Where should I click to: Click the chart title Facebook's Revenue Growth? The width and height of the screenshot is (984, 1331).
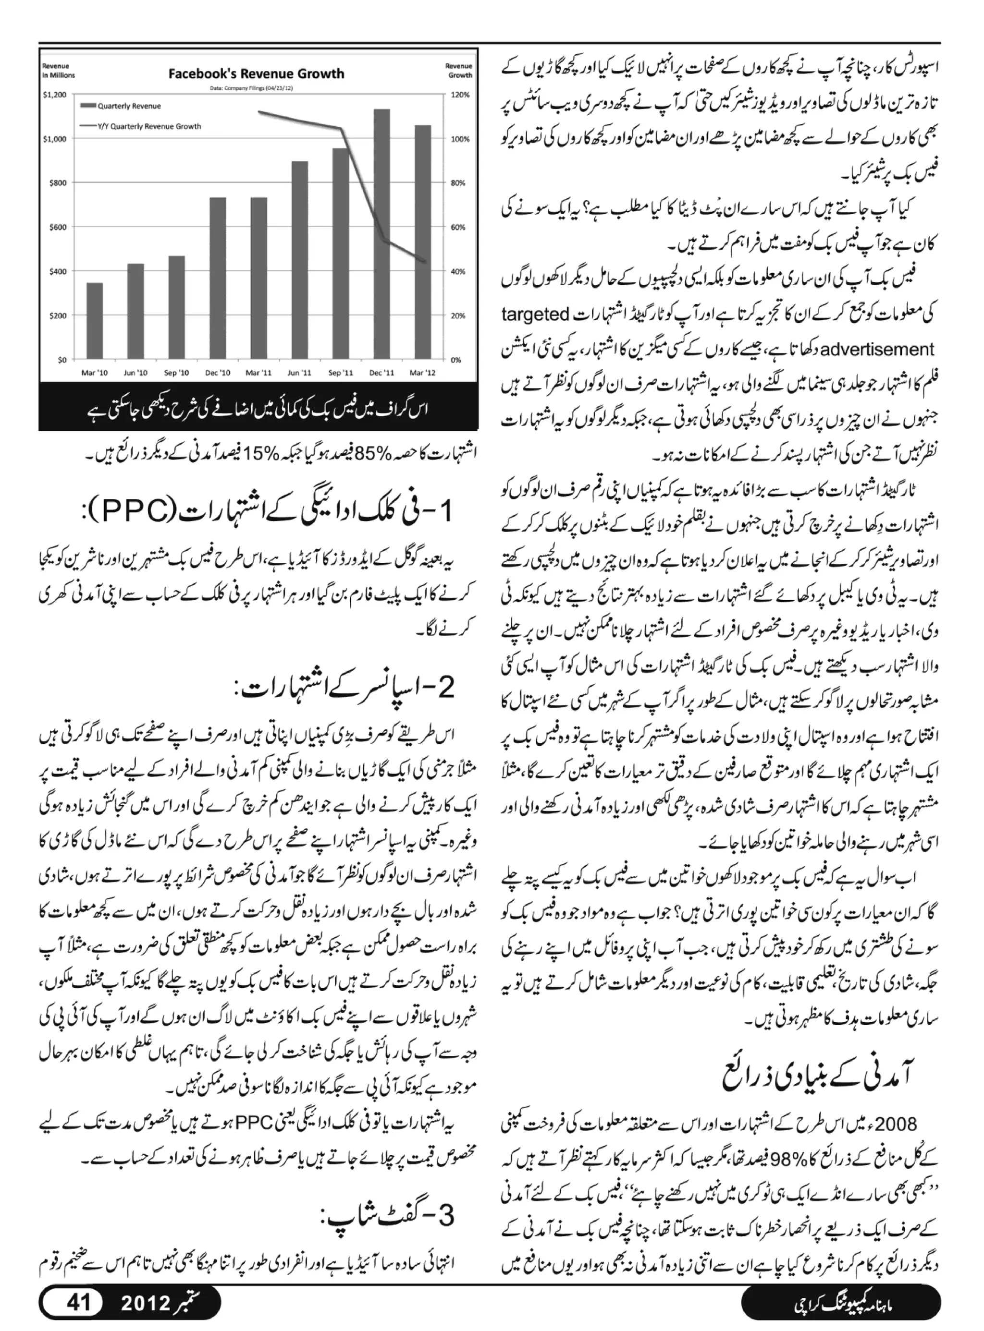click(256, 74)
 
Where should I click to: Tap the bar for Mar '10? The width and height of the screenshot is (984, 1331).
click(94, 321)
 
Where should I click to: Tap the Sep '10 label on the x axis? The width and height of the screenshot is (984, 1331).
click(176, 373)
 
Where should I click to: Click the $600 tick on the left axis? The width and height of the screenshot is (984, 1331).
click(58, 227)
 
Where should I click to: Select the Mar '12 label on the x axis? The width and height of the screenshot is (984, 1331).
click(422, 373)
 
